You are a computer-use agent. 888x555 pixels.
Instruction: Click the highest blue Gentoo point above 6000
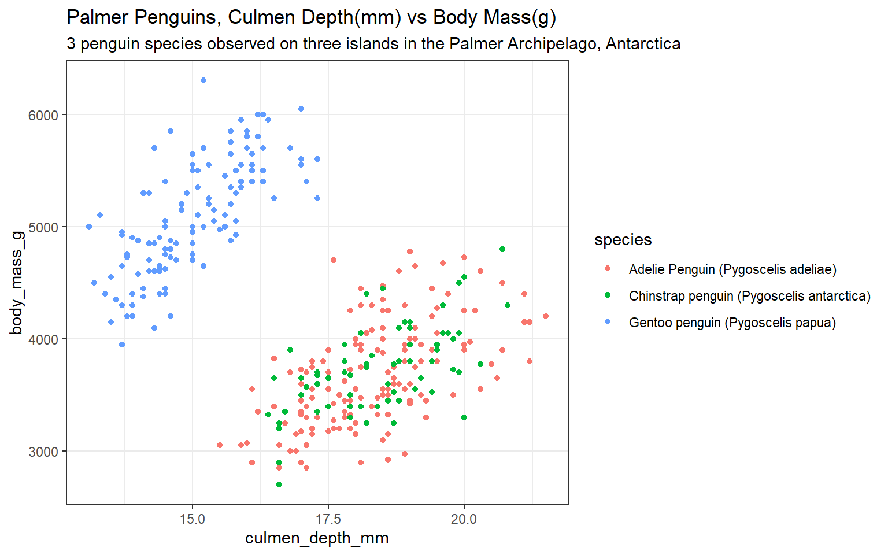pos(203,80)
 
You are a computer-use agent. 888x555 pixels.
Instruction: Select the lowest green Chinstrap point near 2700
pos(279,484)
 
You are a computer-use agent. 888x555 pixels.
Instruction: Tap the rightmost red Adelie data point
pos(546,316)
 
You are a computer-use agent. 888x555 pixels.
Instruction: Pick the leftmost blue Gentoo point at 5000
pos(89,227)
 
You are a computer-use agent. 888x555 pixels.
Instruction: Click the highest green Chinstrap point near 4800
pos(502,249)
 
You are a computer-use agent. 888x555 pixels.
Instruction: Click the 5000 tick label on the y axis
pos(43,227)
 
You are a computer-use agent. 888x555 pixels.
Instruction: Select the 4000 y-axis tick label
pos(43,339)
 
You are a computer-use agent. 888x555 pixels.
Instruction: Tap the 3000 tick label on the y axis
pos(43,452)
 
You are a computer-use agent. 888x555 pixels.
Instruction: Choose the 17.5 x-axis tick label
pos(328,519)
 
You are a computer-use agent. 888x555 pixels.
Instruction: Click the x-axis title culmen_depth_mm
pos(317,538)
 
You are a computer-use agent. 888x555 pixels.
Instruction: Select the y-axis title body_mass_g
pos(16,283)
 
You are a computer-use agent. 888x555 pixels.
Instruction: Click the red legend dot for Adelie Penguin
pos(607,269)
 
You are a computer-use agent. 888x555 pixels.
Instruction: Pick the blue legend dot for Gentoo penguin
pos(607,322)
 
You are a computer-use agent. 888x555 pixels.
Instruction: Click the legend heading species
pos(623,240)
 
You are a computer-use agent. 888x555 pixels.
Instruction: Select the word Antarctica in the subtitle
pos(643,44)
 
